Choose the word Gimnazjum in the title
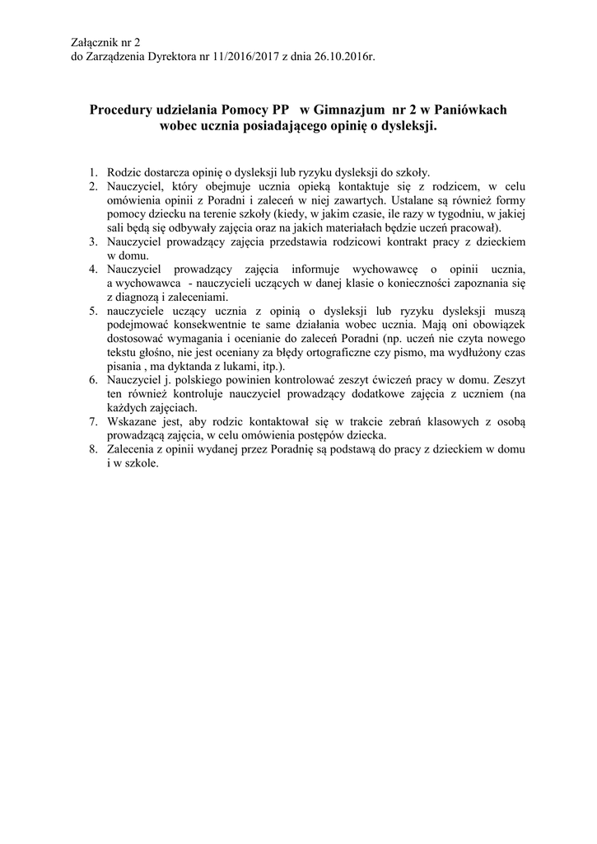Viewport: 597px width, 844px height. pos(338,110)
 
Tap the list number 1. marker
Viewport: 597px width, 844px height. pos(93,173)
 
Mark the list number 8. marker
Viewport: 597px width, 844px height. pos(93,450)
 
